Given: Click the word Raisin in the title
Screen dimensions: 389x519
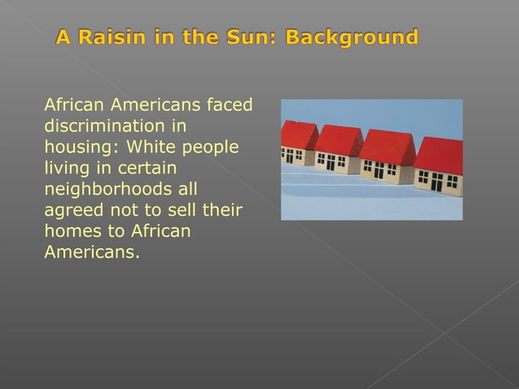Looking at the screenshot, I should pyautogui.click(x=107, y=37).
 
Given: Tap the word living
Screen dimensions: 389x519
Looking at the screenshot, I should pyautogui.click(x=66, y=169).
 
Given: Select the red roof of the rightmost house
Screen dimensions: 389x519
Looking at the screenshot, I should pyautogui.click(x=440, y=155).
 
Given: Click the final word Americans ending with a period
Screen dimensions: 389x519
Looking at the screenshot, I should pyautogui.click(x=91, y=253).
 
